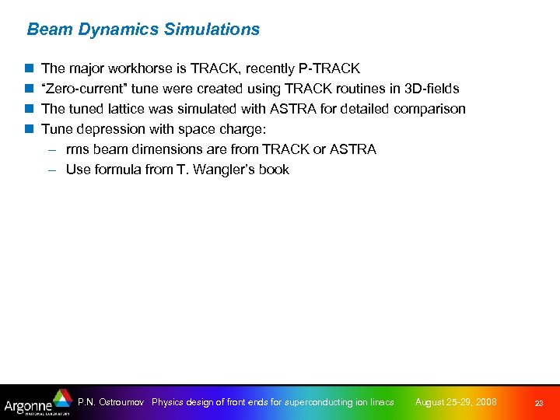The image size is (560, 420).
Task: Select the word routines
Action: pos(343,89)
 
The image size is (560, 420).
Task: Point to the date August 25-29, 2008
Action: pos(456,402)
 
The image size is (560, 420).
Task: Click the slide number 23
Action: pos(538,403)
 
